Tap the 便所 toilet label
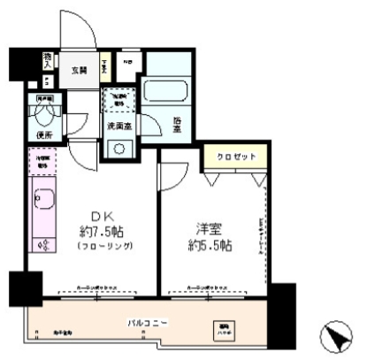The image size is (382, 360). point(46,134)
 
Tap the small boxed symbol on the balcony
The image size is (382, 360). point(218,330)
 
